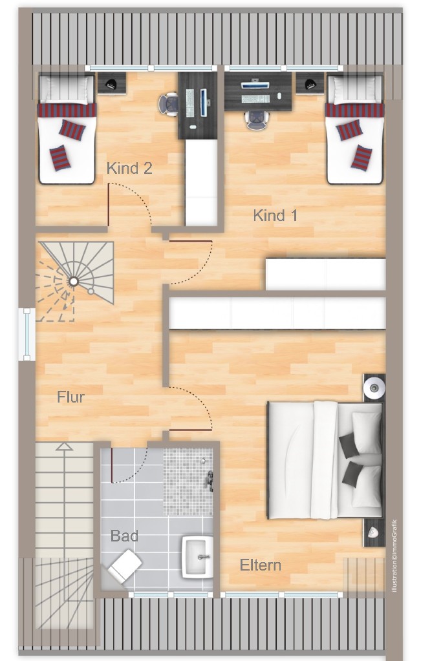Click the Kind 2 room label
click(x=129, y=169)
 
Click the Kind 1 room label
click(x=275, y=215)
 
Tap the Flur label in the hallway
click(x=70, y=397)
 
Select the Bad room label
click(x=124, y=536)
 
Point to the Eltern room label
click(x=261, y=565)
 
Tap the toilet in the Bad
click(x=125, y=565)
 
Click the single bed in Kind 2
click(x=67, y=129)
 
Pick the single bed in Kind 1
click(x=354, y=129)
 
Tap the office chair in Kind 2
click(x=169, y=103)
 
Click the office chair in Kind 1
click(x=256, y=118)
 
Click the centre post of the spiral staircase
click(x=74, y=281)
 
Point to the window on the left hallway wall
click(x=27, y=333)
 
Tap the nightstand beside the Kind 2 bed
click(x=111, y=83)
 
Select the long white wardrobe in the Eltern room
click(x=277, y=313)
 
